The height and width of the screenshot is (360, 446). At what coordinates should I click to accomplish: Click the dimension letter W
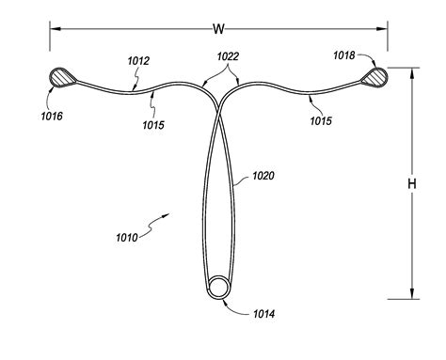(218, 29)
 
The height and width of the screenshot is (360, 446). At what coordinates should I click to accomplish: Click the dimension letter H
(412, 183)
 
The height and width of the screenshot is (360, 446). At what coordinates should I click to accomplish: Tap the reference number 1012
(138, 61)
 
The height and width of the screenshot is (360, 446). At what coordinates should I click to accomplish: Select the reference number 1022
(228, 56)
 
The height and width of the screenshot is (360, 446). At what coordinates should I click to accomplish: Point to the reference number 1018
(343, 55)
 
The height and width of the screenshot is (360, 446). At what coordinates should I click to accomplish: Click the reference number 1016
(52, 117)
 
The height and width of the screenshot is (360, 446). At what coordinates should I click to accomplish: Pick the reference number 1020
(263, 176)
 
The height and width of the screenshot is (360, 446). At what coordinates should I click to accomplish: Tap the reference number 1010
(127, 238)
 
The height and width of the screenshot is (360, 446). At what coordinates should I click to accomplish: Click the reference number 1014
(264, 314)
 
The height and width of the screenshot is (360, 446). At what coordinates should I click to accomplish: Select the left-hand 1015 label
(153, 125)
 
